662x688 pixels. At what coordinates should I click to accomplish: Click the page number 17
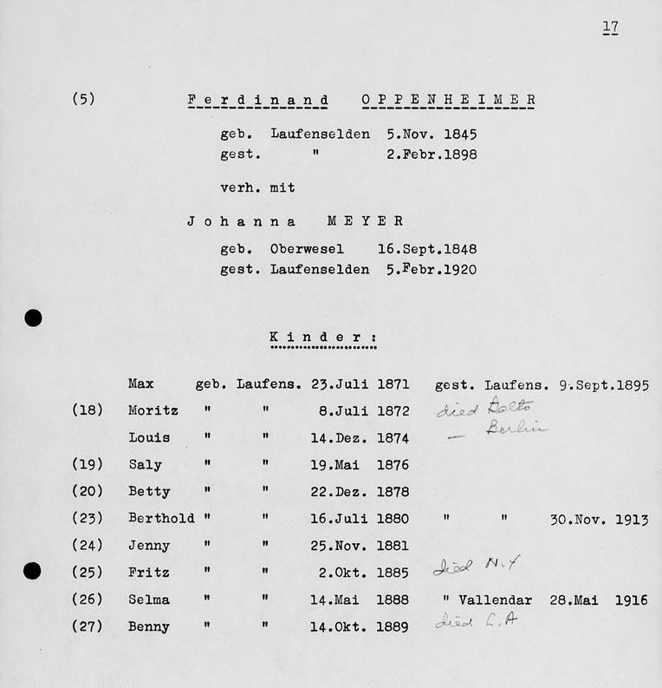pos(610,28)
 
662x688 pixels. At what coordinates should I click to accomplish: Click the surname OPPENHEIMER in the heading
pos(448,100)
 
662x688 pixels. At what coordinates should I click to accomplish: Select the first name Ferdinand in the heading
pos(257,100)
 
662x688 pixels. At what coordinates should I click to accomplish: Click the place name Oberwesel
pos(307,249)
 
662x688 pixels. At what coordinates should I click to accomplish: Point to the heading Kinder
pos(322,337)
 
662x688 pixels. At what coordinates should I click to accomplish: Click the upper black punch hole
pos(33,318)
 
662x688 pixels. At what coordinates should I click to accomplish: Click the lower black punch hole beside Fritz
pos(33,570)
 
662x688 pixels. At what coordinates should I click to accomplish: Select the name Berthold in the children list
pos(161,519)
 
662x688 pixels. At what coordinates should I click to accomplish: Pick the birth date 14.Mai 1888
pos(359,600)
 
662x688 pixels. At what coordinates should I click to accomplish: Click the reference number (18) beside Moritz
pos(88,410)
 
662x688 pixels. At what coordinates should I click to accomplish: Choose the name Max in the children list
pos(141,383)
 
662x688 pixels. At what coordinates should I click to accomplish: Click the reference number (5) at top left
pos(83,98)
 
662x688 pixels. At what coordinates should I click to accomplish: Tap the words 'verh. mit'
pos(257,187)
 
